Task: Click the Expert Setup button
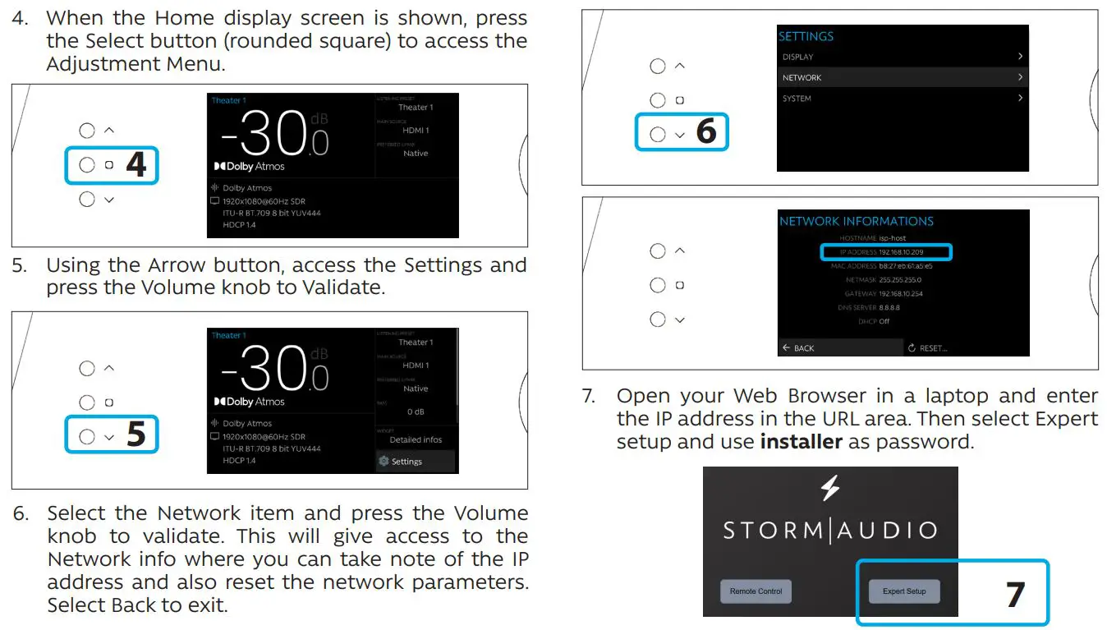pos(904,591)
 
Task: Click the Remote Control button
pos(756,591)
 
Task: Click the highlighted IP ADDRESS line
pos(886,252)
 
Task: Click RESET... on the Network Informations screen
pos(928,348)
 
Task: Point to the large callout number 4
pos(136,165)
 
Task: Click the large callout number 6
pos(706,131)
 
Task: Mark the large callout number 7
pos(1016,595)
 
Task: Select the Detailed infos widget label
pos(416,439)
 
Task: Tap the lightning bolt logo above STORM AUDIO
pos(830,489)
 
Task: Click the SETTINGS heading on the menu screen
pos(806,36)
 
